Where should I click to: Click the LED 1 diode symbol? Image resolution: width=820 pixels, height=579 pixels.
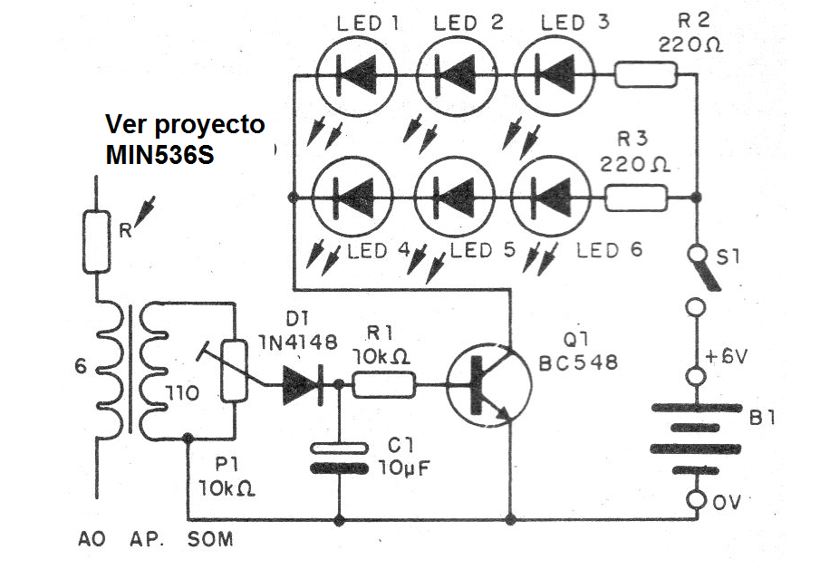click(x=355, y=73)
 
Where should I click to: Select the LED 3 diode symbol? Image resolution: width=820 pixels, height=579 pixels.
click(x=554, y=73)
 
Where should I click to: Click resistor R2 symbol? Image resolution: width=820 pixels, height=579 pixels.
click(x=646, y=74)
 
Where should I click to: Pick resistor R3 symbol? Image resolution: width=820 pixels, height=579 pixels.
click(x=636, y=198)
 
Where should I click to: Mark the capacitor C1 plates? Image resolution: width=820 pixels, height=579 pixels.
click(x=338, y=458)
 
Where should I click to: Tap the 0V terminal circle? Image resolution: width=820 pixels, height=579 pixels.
click(x=695, y=500)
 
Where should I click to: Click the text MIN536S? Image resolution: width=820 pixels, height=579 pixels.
click(x=159, y=153)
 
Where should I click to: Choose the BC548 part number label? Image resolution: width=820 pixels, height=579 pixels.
click(x=579, y=362)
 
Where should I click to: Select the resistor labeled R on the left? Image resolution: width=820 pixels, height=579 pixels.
click(x=95, y=242)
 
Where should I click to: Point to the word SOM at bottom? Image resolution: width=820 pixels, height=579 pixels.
click(x=209, y=539)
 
